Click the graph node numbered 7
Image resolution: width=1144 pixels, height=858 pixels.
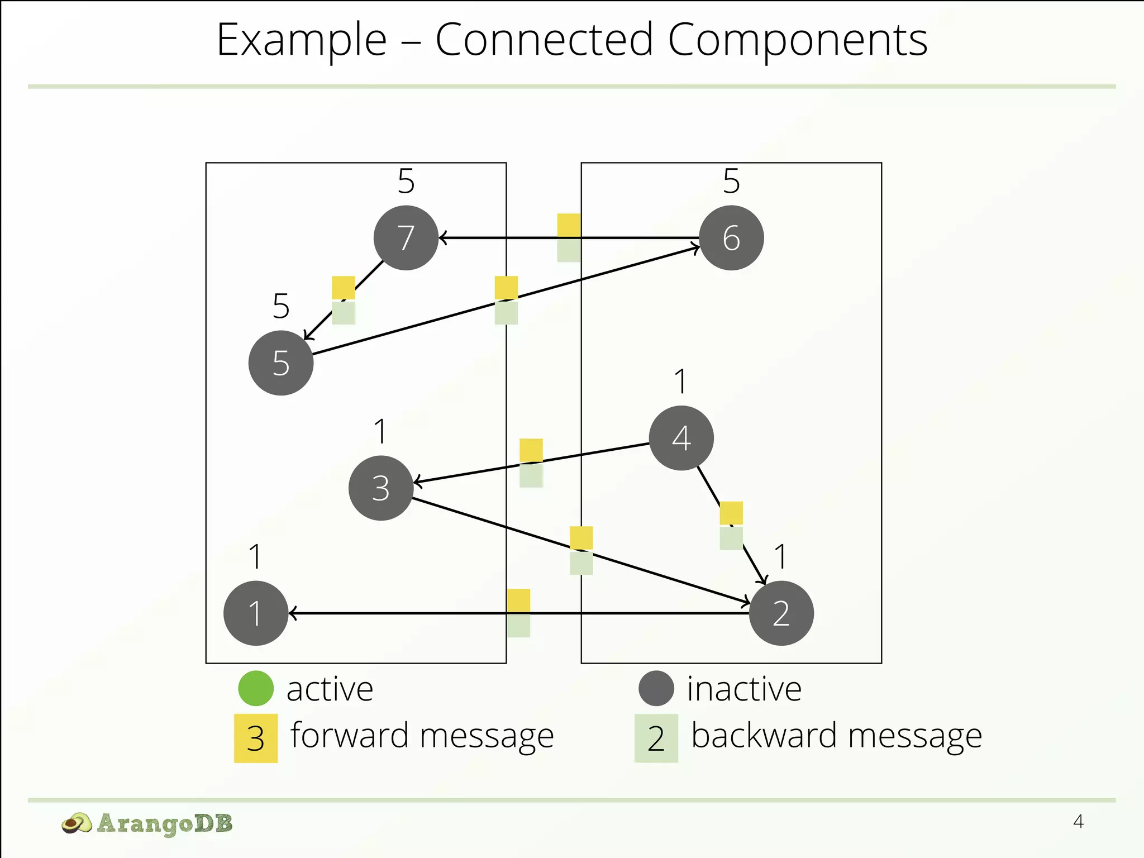click(x=406, y=238)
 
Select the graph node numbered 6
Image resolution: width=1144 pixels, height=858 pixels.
click(x=731, y=238)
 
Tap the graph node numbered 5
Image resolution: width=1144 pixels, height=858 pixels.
click(x=281, y=363)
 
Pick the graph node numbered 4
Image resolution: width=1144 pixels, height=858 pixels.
click(x=681, y=438)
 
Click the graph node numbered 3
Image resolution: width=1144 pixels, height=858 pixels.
click(x=381, y=488)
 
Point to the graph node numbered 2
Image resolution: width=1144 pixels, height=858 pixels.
click(x=781, y=613)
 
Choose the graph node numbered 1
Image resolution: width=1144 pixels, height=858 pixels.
click(x=256, y=613)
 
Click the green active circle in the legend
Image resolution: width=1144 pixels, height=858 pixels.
click(x=256, y=688)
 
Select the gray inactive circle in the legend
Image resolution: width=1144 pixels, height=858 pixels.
click(x=656, y=688)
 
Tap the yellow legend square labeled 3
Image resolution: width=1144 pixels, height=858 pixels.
click(x=256, y=738)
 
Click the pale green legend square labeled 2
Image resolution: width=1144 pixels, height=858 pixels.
click(x=656, y=738)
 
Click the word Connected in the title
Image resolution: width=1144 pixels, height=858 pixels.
click(x=544, y=40)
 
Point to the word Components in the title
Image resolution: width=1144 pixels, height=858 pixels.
click(x=798, y=40)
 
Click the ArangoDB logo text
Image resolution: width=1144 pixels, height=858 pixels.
click(x=164, y=823)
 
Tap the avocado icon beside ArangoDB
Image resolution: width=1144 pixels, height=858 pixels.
click(x=77, y=823)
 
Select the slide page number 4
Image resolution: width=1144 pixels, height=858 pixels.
click(x=1078, y=822)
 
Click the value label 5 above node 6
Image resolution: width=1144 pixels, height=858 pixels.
click(x=731, y=181)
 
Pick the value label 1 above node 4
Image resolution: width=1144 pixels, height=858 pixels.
click(x=680, y=382)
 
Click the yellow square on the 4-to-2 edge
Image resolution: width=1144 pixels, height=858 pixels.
click(x=731, y=513)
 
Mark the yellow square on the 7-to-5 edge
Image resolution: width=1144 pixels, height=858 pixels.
click(x=344, y=288)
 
